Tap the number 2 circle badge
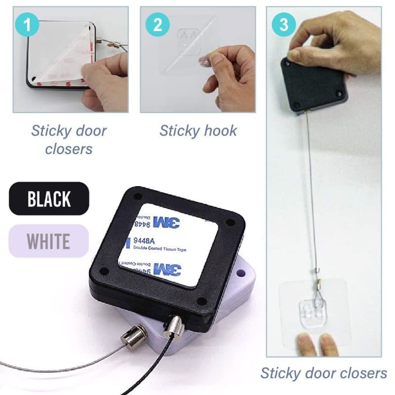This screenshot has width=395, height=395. point(158,25)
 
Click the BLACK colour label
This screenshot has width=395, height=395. point(49,198)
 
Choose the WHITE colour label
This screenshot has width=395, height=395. point(48,241)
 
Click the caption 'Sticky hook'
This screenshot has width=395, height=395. point(198,131)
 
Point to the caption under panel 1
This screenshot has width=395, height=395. point(69,140)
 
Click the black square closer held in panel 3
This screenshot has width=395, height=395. point(314,84)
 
